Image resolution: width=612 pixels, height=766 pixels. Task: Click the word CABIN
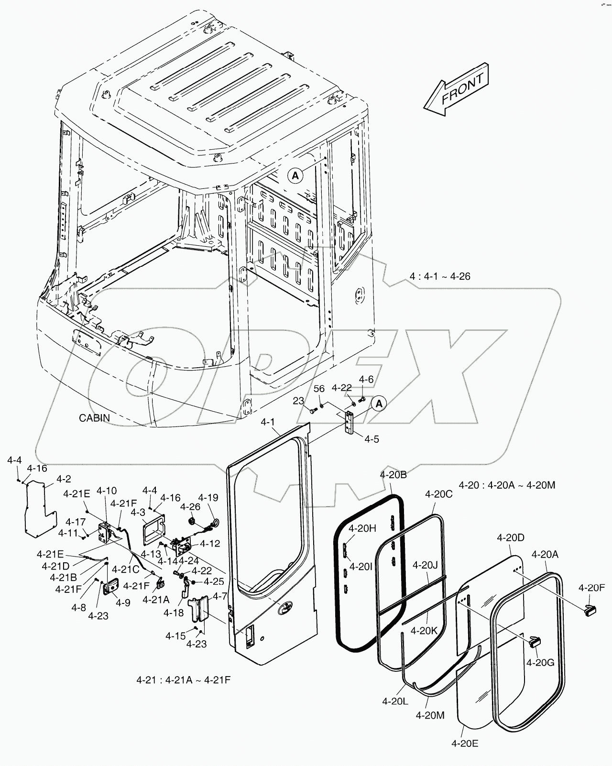(94, 417)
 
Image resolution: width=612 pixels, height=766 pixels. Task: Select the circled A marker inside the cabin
(295, 175)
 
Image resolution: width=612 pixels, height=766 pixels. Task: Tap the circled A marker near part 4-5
(379, 404)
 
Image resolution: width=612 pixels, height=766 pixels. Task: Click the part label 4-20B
(393, 475)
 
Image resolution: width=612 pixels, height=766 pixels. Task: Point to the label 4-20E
(464, 743)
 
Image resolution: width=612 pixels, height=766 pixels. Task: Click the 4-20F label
(591, 588)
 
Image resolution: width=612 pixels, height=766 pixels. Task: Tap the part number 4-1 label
(268, 422)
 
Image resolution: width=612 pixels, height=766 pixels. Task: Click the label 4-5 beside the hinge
(372, 438)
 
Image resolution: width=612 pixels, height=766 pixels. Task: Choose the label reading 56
(319, 389)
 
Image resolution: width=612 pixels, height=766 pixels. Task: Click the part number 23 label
(298, 401)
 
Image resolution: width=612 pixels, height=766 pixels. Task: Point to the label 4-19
(208, 497)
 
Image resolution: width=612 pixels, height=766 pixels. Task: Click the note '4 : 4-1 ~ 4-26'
(440, 276)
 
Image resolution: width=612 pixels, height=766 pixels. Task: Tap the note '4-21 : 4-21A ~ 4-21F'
(184, 679)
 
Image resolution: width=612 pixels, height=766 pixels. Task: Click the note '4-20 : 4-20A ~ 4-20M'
(507, 485)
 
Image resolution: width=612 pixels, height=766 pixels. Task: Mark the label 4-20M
(430, 715)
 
